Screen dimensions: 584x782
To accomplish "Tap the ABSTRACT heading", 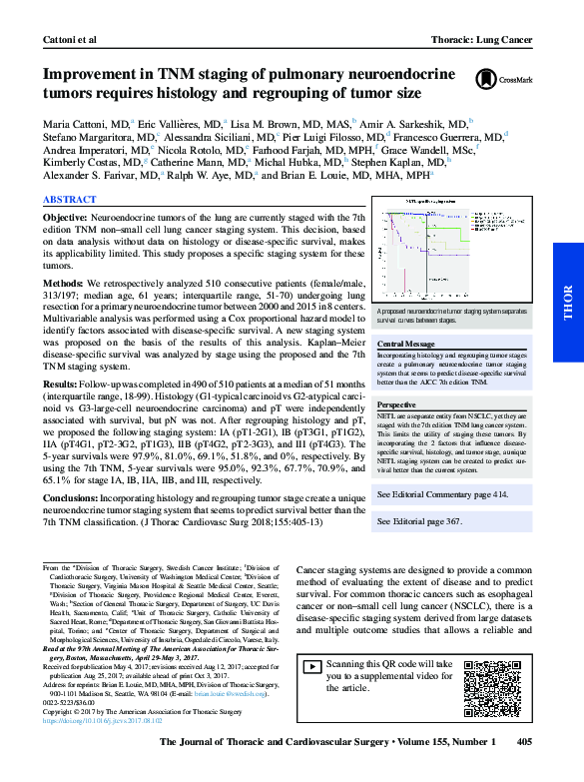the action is tap(69, 200).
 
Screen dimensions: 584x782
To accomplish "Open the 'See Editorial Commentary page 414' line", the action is tap(441, 494).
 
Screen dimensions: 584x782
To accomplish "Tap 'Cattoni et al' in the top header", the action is tap(69, 12).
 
